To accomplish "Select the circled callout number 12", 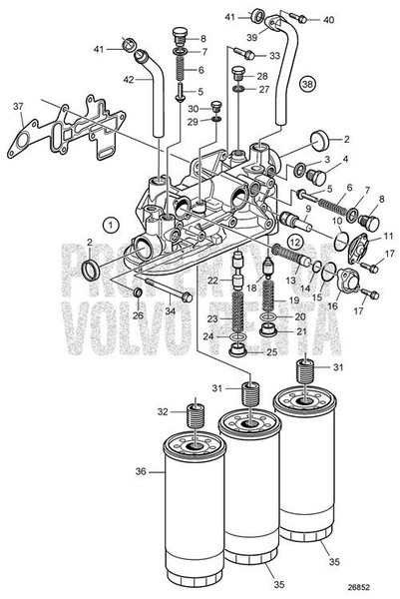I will (x=294, y=242).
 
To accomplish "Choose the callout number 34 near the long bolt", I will (x=172, y=311).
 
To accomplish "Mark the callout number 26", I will (x=138, y=315).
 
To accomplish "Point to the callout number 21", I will (x=299, y=331).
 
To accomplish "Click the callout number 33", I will (x=275, y=54).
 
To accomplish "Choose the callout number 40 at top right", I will (x=329, y=20).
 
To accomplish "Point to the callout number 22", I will (x=213, y=281).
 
